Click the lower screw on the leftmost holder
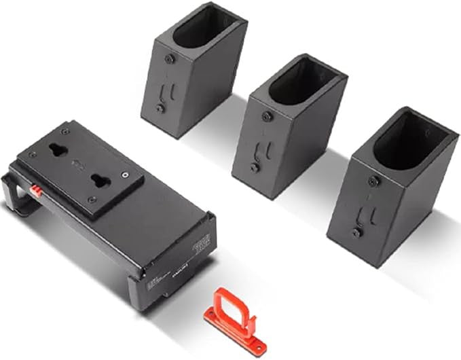coord(160,108)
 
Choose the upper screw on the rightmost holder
coord(373,180)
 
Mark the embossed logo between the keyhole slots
coord(76,163)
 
